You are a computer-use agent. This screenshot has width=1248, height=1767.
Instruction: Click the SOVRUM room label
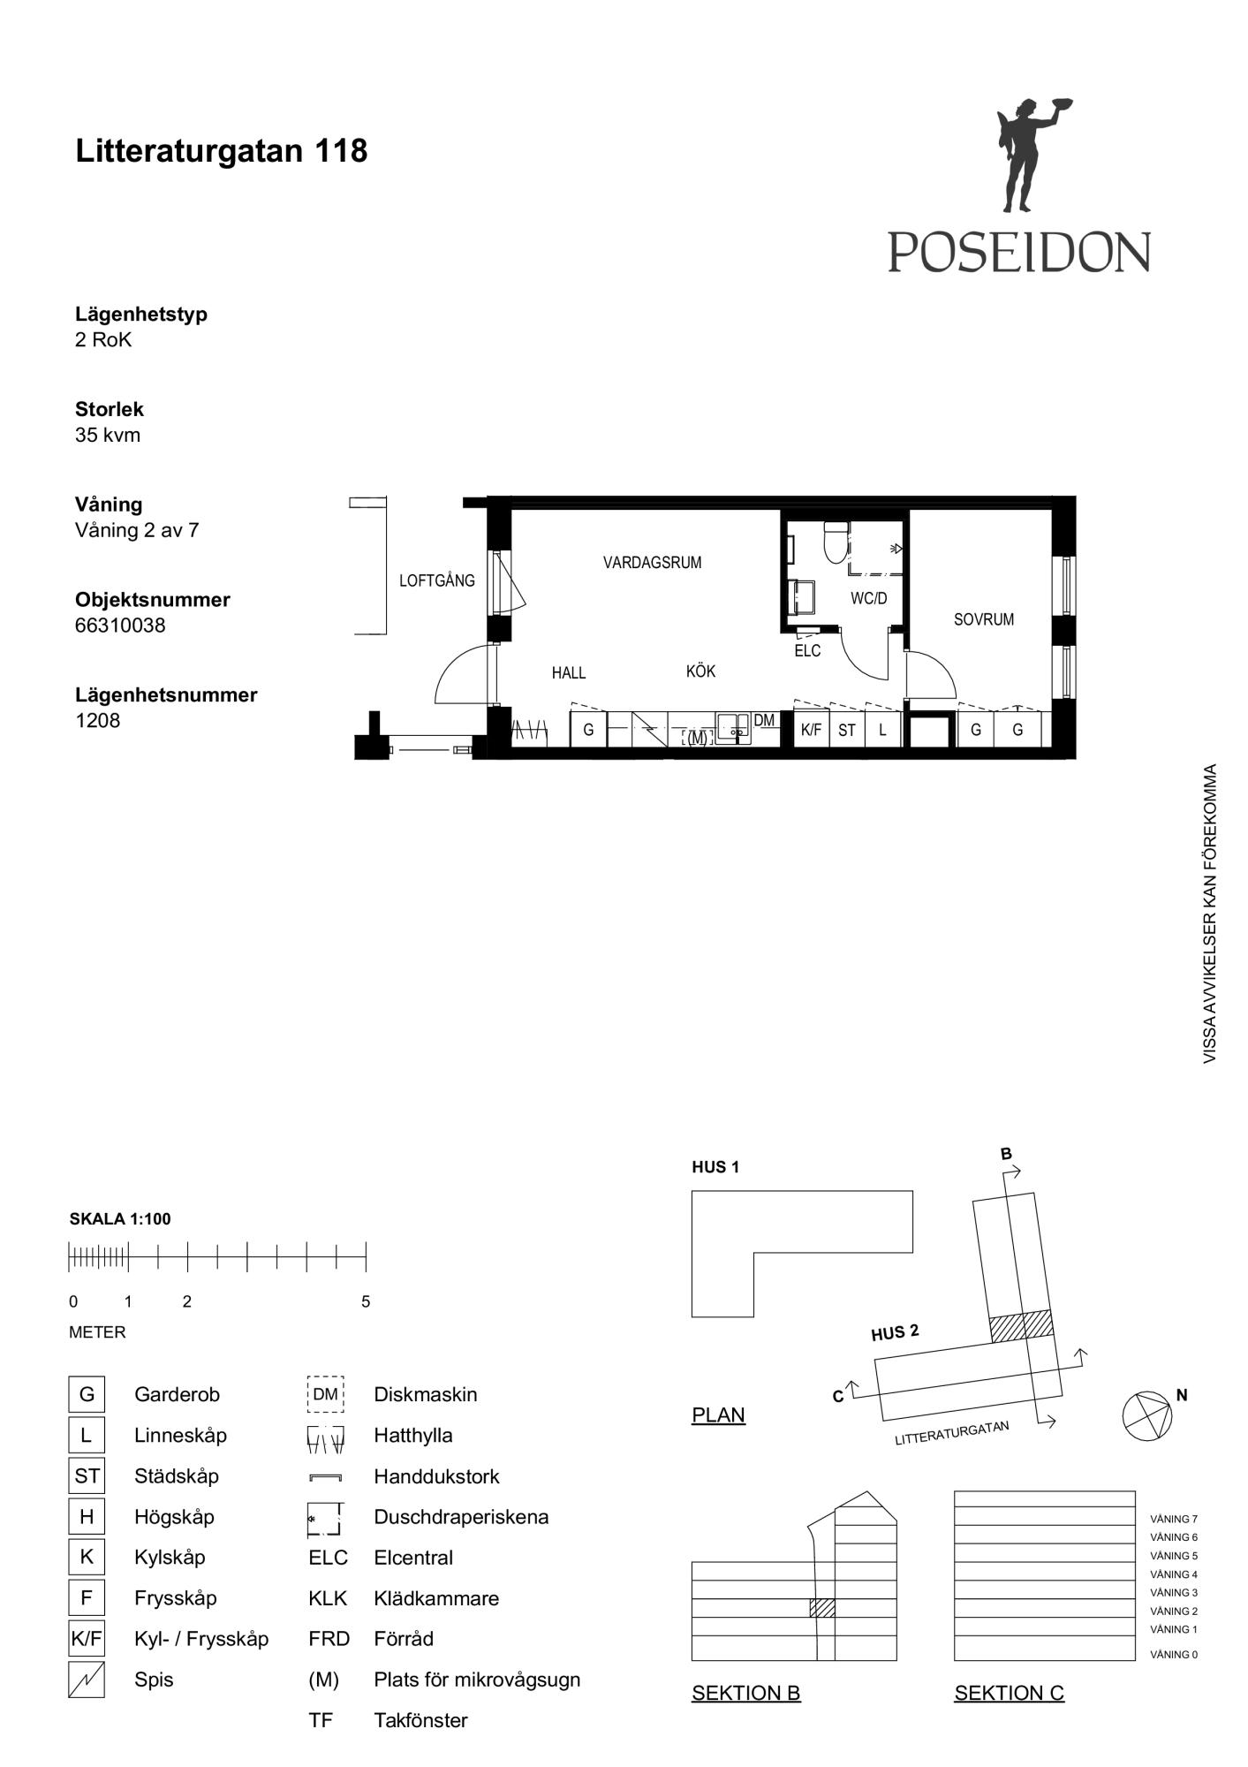tap(984, 619)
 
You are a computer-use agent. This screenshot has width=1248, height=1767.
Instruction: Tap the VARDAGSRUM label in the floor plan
tap(652, 562)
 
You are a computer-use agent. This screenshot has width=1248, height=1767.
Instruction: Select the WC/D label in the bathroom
tap(868, 598)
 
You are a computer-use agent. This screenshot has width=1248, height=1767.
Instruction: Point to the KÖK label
tap(700, 671)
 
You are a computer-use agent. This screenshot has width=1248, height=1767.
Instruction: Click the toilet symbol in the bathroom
tap(836, 542)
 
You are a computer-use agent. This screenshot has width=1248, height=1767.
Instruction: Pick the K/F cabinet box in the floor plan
tap(811, 729)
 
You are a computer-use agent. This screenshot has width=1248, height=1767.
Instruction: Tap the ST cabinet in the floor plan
tap(847, 729)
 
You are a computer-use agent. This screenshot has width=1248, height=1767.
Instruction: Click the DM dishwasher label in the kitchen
tap(764, 721)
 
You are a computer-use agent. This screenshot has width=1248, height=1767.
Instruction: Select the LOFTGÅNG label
tap(436, 580)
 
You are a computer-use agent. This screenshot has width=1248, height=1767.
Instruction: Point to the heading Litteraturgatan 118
tap(222, 151)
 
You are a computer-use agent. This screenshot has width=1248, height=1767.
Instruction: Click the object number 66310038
tap(120, 626)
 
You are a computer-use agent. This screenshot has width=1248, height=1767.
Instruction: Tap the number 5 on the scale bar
tap(366, 1301)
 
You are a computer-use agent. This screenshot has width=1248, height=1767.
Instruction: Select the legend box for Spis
tap(87, 1680)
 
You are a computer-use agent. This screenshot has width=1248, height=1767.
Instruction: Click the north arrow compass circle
tap(1147, 1416)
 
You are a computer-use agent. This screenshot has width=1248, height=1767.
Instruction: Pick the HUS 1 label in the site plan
tap(715, 1167)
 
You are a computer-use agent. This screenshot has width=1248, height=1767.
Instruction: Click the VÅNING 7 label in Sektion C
tap(1174, 1519)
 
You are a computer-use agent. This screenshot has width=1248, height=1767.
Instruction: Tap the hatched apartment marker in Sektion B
tap(822, 1608)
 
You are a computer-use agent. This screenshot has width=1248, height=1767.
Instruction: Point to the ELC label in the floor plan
tap(807, 651)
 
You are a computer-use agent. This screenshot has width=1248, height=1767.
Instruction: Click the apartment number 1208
tap(97, 721)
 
